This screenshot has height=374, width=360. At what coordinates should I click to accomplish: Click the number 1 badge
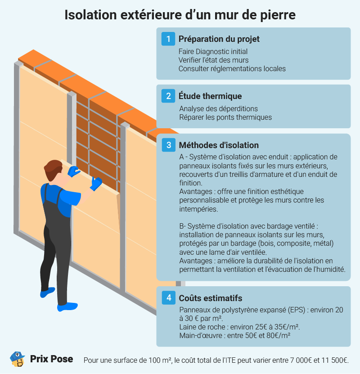(x=168, y=39)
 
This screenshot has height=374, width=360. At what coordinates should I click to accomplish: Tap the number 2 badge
(x=168, y=96)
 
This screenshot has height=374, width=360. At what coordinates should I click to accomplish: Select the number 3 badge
(x=168, y=145)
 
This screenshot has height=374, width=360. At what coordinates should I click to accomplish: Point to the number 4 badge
(x=168, y=298)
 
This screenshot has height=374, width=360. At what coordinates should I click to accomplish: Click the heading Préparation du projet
(x=219, y=39)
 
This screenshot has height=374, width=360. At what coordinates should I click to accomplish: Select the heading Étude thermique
(x=210, y=96)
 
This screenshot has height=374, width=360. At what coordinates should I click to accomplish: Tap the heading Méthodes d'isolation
(x=219, y=145)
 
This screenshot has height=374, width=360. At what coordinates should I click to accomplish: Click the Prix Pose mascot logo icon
(x=17, y=359)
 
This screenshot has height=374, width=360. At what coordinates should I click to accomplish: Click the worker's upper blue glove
(x=73, y=171)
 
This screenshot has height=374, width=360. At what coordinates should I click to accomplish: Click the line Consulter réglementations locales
(x=232, y=69)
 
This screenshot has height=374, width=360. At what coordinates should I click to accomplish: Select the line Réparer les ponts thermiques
(x=225, y=117)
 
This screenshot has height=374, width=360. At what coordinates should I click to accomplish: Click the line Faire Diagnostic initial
(x=213, y=52)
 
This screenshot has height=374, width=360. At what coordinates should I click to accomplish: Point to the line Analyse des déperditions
(x=218, y=109)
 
